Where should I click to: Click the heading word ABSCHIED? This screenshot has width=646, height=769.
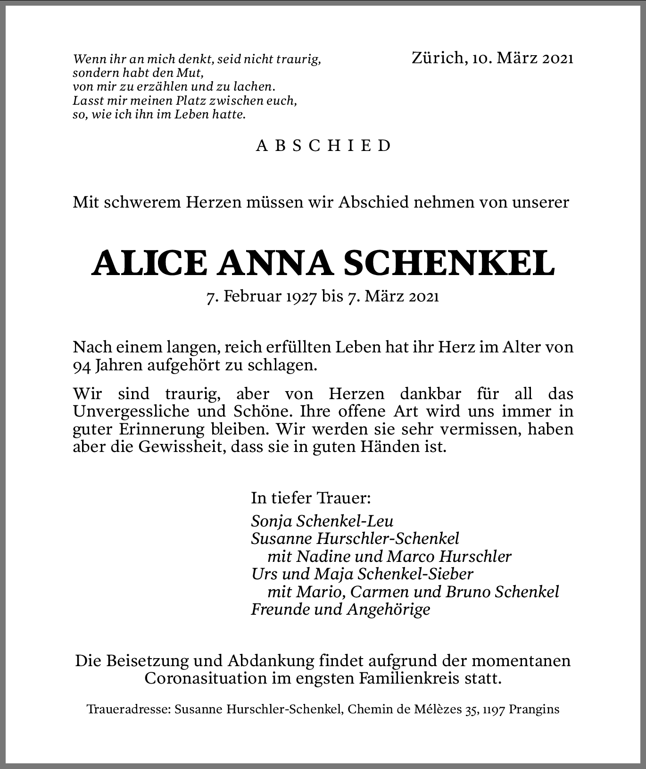coord(323,146)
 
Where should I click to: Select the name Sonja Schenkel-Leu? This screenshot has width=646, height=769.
coord(322,521)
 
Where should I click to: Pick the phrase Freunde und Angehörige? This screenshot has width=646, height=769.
coord(340,610)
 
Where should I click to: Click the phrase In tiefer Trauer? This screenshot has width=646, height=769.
coord(311,498)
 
